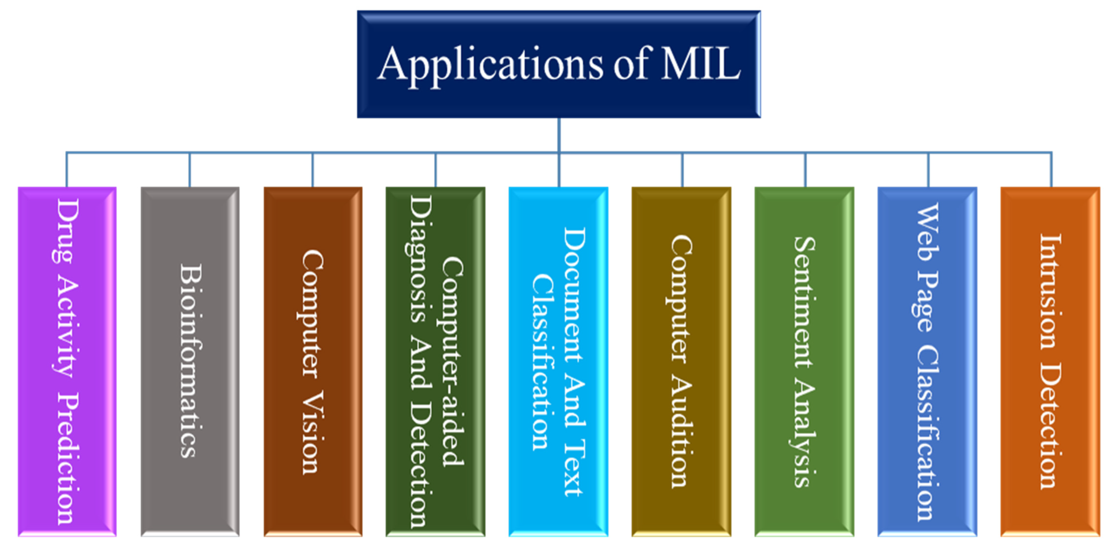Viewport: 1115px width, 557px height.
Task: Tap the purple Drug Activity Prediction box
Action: pos(67,362)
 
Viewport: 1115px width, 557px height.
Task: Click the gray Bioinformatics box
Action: pos(190,362)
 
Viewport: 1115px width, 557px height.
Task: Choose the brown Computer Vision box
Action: pos(313,362)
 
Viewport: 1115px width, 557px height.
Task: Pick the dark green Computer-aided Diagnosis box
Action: pos(435,362)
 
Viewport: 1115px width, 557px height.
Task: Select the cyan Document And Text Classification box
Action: pos(558,362)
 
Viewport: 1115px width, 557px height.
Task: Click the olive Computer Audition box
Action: pos(681,362)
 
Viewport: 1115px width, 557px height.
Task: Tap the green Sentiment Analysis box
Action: pos(804,362)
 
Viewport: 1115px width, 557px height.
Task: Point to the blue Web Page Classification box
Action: pos(927,362)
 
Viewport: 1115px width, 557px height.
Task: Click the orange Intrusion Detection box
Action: pos(1050,362)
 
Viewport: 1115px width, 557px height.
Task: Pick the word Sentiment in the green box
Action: pos(804,303)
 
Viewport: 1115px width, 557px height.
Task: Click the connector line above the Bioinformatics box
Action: pos(190,170)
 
